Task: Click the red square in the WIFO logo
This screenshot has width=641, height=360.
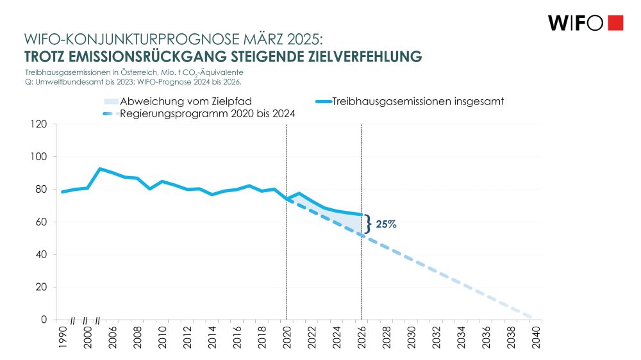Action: tap(615, 22)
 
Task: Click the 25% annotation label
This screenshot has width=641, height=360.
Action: tap(387, 225)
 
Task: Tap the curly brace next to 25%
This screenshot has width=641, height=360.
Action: tap(368, 224)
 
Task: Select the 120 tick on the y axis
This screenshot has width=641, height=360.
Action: tap(39, 124)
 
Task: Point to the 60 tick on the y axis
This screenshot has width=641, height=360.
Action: tap(42, 222)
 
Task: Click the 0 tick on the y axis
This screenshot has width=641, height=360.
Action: tap(44, 320)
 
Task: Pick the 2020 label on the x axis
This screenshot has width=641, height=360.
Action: tap(287, 338)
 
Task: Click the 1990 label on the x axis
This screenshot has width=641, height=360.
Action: tap(62, 338)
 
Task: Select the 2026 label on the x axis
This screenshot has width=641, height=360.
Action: tap(362, 338)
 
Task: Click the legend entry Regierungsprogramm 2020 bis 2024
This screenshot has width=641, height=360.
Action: tap(208, 114)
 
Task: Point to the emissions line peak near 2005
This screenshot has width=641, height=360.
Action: tap(100, 168)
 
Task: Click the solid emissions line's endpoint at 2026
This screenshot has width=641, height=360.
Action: tap(362, 215)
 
